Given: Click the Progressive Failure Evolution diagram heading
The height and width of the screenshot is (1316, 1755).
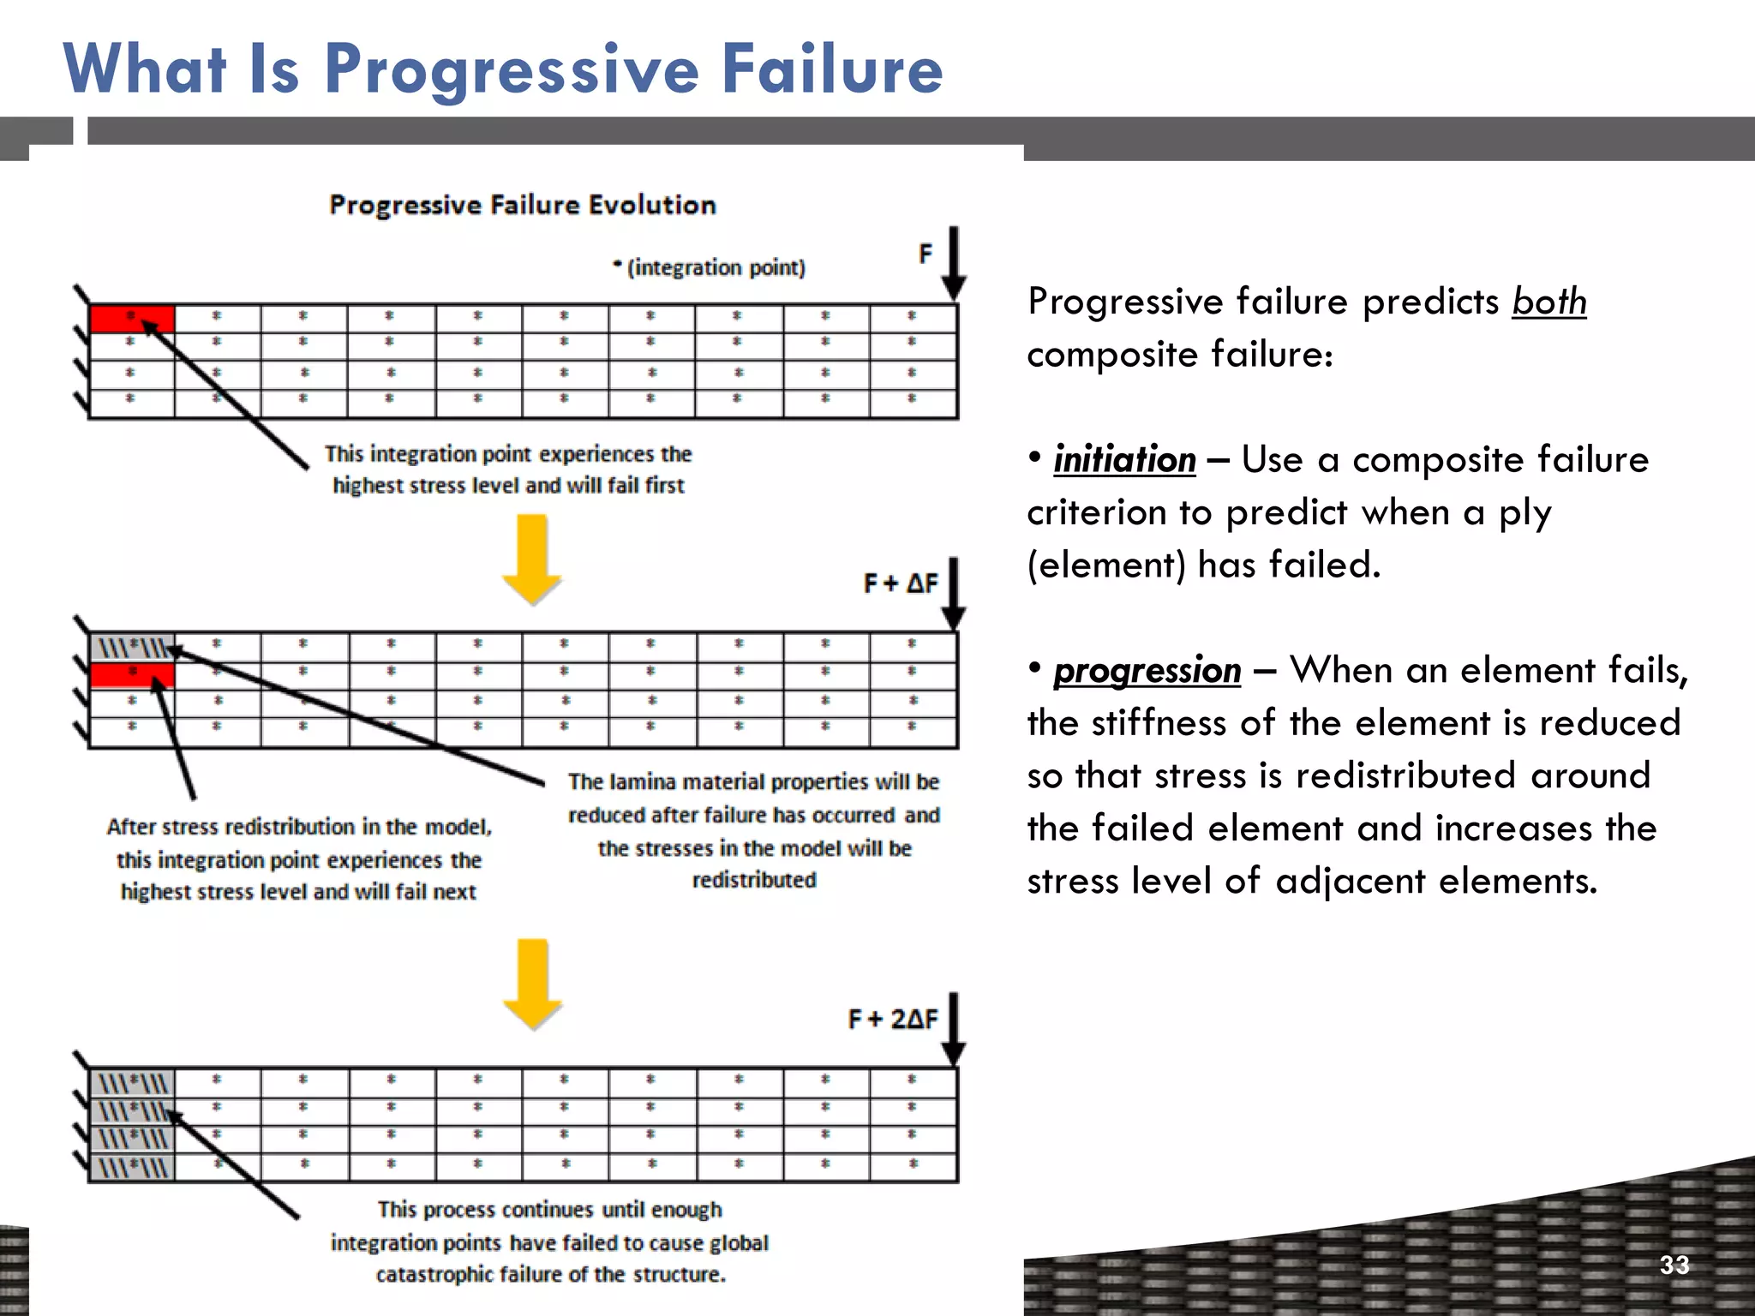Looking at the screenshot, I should coord(522,206).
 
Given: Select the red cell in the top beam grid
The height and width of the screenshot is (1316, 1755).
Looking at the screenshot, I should coord(132,319).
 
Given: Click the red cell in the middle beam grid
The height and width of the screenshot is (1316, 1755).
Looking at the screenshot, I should coord(132,675).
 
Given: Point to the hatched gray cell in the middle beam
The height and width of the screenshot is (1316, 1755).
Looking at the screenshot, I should coord(132,647).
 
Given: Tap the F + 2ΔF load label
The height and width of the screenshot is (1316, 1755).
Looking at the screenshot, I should coord(892,1020).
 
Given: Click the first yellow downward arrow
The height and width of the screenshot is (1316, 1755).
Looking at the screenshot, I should coord(531,559).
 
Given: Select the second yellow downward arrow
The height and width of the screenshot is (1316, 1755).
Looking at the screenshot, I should coord(532,984).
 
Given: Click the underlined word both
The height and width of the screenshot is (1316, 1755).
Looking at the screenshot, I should coord(1548,302).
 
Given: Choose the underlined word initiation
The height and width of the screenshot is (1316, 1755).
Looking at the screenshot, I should coord(1124,460).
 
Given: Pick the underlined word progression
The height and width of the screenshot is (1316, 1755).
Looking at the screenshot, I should coord(1147,671).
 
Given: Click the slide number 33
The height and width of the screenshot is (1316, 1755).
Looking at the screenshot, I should coord(1674,1265).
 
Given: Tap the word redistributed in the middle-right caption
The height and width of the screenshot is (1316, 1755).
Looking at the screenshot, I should coord(754,881).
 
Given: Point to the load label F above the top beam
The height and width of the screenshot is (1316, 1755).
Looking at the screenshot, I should coord(925,254).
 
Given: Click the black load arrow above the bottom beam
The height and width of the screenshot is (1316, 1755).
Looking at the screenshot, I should coord(954,1028).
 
